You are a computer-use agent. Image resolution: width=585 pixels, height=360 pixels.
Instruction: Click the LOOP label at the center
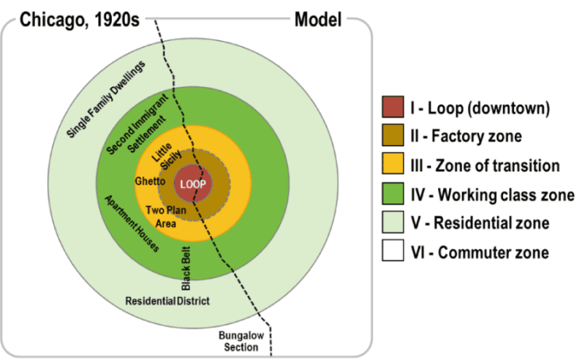(193, 184)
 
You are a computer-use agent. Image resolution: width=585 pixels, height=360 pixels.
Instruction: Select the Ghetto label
(150, 181)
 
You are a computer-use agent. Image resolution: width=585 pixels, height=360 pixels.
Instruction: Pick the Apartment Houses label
(131, 224)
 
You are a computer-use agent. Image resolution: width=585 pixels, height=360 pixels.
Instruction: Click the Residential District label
(167, 301)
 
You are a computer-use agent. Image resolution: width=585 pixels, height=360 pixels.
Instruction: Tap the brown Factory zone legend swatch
(393, 136)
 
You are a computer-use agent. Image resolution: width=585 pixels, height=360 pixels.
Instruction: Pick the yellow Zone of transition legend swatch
(393, 165)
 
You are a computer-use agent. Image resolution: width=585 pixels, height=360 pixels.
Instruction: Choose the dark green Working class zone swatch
(393, 194)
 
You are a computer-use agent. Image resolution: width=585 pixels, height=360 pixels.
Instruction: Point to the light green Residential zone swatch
(393, 222)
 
